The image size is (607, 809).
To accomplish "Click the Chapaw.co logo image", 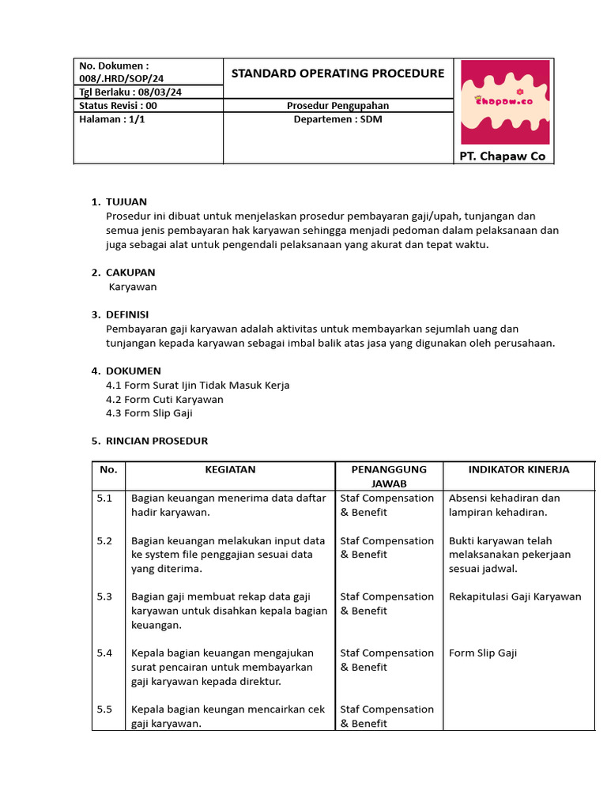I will pos(504,101).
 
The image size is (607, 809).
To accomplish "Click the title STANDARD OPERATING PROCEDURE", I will pos(337,73).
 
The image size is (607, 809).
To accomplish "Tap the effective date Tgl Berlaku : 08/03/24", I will pos(130,92).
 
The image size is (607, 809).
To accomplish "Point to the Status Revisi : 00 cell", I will pos(119,106).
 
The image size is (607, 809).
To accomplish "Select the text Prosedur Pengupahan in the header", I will pos(337,106).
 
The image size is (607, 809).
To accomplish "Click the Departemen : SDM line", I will pos(337,119).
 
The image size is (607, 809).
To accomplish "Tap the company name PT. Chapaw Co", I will pos(503,156).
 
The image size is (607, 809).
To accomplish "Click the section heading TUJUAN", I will pos(126,201).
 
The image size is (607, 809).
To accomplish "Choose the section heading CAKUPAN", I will pos(130,273).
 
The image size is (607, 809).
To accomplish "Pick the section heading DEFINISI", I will pos(127,314).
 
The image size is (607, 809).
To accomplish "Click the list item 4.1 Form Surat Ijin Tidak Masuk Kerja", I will pos(198,386).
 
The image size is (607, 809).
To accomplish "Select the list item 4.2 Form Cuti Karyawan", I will pos(164,400).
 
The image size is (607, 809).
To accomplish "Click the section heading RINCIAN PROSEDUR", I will pos(156,441).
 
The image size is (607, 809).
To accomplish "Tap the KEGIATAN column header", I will pos(230,469).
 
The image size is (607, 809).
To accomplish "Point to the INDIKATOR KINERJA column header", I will pos(518,469).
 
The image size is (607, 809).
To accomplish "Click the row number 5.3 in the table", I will pos(105,596).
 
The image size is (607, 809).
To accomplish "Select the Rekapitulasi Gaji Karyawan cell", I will pos(515,596).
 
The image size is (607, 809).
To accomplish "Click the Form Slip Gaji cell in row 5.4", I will pos(483,653).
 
